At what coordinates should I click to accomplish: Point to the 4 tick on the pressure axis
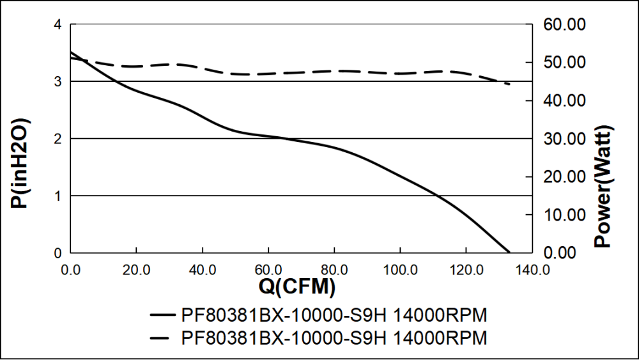point(58,25)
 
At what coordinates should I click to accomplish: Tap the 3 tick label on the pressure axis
point(58,82)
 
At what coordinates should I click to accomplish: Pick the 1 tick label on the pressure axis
point(58,196)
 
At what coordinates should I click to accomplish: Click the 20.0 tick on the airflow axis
point(136,269)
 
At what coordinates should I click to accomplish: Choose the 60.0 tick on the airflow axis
point(268,269)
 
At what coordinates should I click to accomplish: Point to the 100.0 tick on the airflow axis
point(400,269)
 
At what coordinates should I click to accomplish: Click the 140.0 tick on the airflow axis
point(532,269)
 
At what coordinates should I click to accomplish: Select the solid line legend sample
point(162,316)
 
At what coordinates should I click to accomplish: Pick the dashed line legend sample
point(162,336)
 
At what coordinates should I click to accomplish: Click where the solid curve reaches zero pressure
point(509,253)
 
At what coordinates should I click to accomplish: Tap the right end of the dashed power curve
point(509,84)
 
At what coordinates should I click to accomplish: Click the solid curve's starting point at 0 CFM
point(71,52)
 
